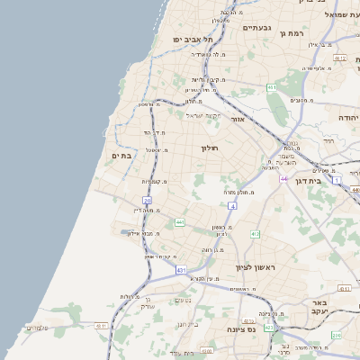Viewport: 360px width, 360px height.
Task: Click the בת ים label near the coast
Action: click(x=121, y=155)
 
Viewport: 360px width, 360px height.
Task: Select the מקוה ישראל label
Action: click(x=202, y=115)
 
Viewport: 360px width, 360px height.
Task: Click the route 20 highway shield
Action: click(x=147, y=200)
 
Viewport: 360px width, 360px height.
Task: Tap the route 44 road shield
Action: click(x=283, y=179)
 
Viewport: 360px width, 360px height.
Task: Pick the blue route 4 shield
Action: click(x=232, y=207)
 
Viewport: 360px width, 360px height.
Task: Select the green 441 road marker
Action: click(x=179, y=222)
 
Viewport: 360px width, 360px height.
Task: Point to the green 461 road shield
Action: click(x=271, y=87)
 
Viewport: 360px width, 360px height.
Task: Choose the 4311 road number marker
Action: click(x=102, y=326)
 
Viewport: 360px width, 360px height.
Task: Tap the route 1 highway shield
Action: click(x=337, y=181)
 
